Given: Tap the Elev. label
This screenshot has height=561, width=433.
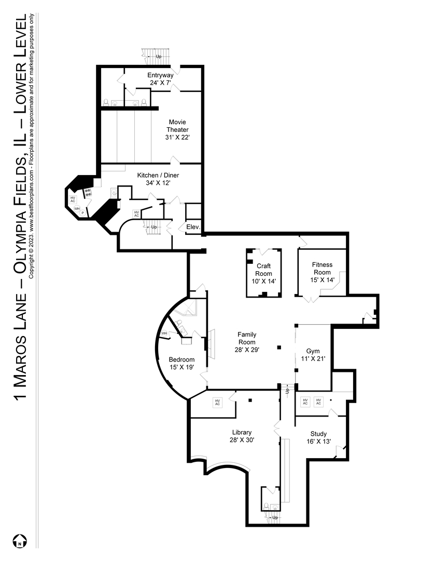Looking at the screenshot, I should pyautogui.click(x=192, y=227).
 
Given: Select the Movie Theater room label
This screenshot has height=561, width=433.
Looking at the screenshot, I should pyautogui.click(x=177, y=126).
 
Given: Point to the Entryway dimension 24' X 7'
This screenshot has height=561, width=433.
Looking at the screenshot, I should pyautogui.click(x=160, y=83).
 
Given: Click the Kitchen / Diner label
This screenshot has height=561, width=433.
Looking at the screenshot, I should pyautogui.click(x=158, y=176).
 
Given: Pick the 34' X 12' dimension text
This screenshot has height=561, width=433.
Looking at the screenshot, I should pyautogui.click(x=158, y=183).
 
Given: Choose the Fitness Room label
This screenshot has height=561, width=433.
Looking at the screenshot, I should pyautogui.click(x=322, y=268).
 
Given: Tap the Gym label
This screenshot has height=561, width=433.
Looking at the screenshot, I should pyautogui.click(x=313, y=351).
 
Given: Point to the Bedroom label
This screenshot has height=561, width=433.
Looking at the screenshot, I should pyautogui.click(x=181, y=359).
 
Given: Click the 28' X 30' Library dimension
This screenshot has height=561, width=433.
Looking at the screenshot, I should pyautogui.click(x=242, y=439).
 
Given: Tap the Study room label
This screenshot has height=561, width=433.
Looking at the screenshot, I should pyautogui.click(x=318, y=434).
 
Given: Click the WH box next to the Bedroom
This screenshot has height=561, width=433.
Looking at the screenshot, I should pyautogui.click(x=164, y=333).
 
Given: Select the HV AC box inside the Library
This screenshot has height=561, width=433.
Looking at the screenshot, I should pyautogui.click(x=218, y=402).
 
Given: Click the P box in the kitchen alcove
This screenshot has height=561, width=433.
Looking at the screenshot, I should pyautogui.click(x=82, y=212).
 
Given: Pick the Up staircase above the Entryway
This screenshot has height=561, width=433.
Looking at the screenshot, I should pyautogui.click(x=155, y=56).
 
